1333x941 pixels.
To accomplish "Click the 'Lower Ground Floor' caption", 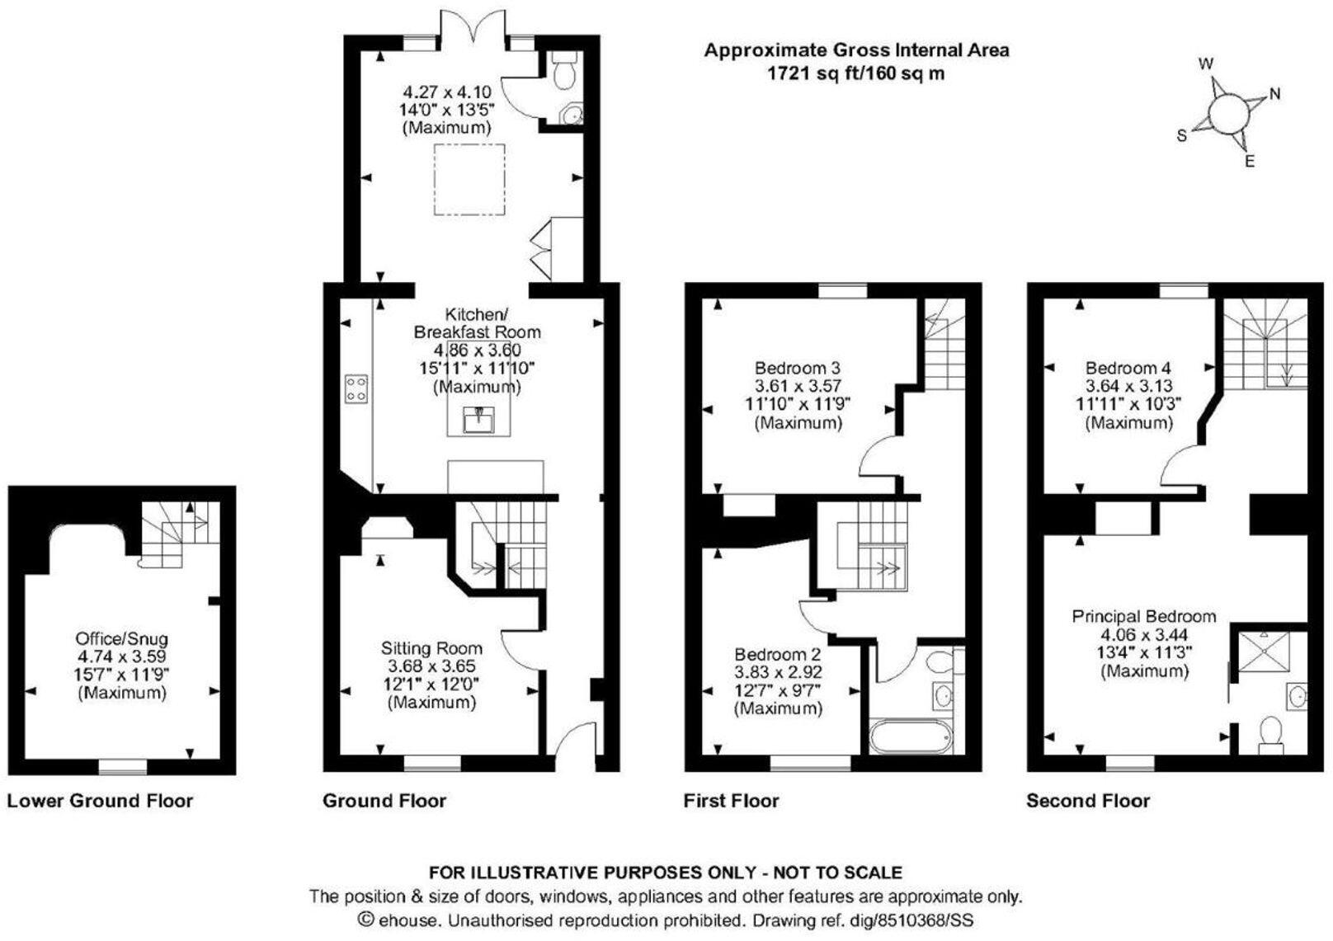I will click(x=100, y=801).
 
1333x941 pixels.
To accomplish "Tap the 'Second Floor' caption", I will click(x=1087, y=801).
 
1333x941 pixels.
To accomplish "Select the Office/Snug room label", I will click(x=121, y=639).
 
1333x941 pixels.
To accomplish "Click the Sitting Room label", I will click(x=431, y=648).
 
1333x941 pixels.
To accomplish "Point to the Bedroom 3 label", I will click(x=797, y=368).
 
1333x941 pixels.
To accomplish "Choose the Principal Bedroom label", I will click(x=1143, y=616).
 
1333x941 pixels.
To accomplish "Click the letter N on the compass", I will click(x=1274, y=94).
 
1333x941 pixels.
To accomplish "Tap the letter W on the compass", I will click(x=1206, y=64).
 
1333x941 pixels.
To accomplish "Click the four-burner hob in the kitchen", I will click(x=356, y=388).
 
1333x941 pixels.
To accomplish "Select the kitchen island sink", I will click(x=479, y=420).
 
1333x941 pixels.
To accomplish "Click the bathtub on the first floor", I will click(x=911, y=736).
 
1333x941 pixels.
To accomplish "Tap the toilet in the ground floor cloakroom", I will click(x=565, y=73).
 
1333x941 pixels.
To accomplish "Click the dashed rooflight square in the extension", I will click(x=469, y=179).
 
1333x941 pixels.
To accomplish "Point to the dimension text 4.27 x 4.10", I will click(x=446, y=92).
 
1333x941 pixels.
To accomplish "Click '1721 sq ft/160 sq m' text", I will click(x=856, y=73).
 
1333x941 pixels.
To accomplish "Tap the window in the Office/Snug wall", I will click(x=122, y=767).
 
